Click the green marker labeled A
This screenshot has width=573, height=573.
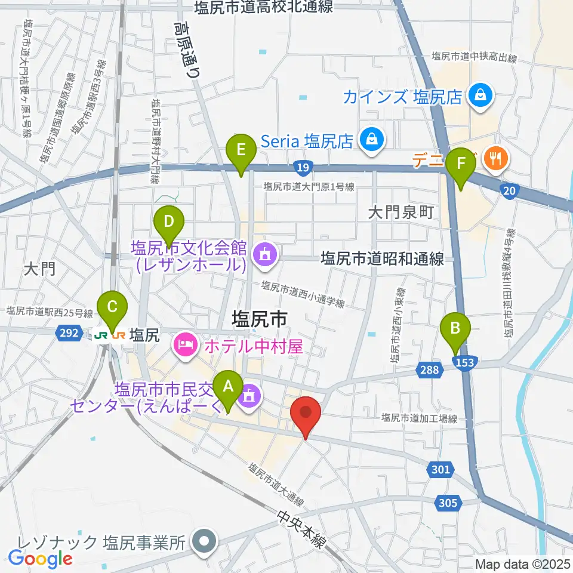click(x=227, y=388)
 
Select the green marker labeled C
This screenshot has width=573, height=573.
click(x=112, y=308)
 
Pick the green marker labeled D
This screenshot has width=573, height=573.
click(x=169, y=223)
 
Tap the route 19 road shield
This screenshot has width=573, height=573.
click(x=303, y=168)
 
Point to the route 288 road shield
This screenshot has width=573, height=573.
click(x=431, y=371)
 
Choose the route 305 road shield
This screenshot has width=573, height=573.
click(x=448, y=503)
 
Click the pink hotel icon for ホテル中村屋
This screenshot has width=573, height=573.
click(x=186, y=344)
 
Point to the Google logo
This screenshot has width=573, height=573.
click(x=40, y=558)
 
